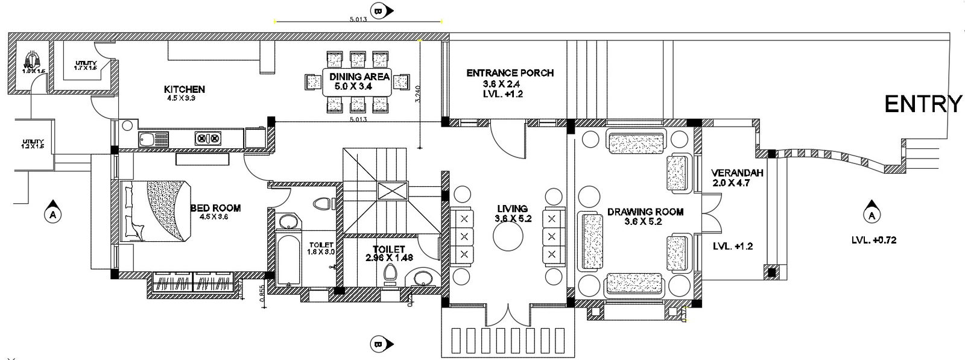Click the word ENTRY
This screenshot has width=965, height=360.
[x=923, y=104]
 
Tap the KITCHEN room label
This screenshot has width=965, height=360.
[x=185, y=89]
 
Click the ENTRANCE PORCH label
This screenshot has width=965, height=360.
[x=510, y=73]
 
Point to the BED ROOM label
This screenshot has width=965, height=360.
[x=215, y=208]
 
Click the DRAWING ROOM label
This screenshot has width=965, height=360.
[x=645, y=212]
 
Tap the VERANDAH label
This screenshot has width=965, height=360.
[x=737, y=172]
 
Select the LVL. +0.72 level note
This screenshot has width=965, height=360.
[x=875, y=240]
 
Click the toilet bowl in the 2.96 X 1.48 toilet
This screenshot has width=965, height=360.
[x=390, y=274]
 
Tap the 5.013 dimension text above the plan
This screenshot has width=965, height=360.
[x=359, y=19]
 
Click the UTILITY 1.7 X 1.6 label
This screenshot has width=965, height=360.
[x=86, y=65]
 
